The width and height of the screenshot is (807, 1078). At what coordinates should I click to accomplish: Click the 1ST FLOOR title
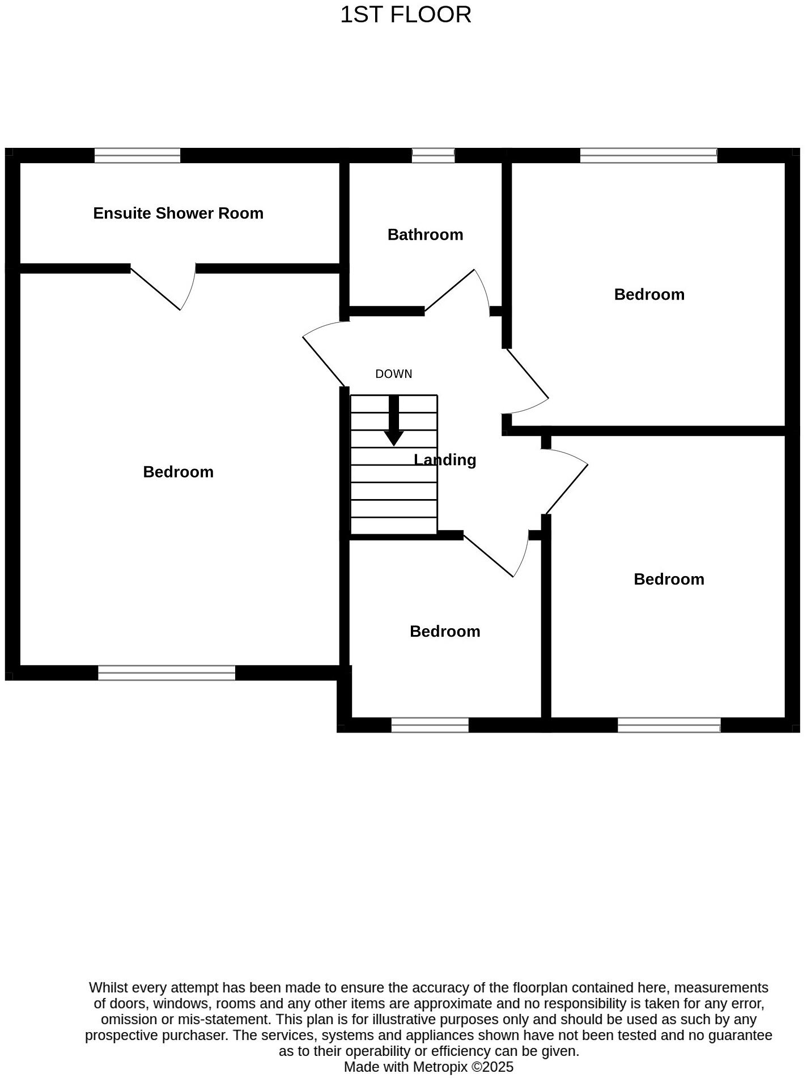(405, 15)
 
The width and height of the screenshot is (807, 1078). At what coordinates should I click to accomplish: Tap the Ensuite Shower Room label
(178, 214)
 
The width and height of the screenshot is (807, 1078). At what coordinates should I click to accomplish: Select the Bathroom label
(425, 235)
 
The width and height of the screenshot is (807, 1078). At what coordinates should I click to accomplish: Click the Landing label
(445, 460)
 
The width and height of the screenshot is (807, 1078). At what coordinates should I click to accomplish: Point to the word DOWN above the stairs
(394, 374)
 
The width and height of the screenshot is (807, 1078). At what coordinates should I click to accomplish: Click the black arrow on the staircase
(394, 421)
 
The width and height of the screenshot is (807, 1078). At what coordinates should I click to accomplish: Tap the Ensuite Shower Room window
(137, 155)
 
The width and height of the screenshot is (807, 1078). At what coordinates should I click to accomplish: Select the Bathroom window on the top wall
(433, 155)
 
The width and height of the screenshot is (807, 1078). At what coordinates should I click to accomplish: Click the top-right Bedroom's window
(648, 155)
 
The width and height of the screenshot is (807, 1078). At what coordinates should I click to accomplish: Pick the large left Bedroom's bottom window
(167, 673)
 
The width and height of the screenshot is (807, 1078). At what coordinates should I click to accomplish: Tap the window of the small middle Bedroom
(430, 725)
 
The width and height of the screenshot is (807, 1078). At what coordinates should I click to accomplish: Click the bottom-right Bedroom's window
(669, 725)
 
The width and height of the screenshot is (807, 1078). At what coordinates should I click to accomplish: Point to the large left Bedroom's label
(178, 472)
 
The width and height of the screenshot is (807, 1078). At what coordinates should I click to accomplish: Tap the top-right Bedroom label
(649, 295)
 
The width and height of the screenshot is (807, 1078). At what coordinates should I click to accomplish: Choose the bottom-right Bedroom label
(669, 580)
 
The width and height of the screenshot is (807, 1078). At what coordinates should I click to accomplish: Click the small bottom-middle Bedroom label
(445, 632)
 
